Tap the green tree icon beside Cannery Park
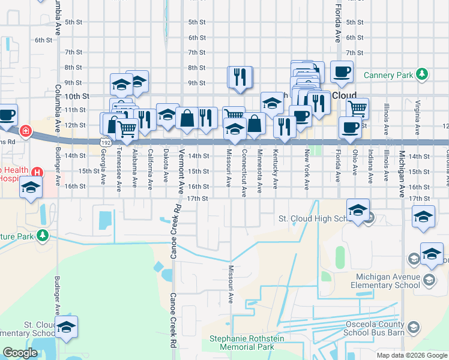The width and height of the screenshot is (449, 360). coord(423,74)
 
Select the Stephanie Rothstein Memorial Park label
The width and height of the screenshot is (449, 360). coord(242,343)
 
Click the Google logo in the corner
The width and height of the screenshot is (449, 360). coord(20,353)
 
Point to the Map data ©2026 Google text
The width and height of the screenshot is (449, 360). coord(411,355)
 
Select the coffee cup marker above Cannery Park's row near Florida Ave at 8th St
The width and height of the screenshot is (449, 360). coord(342,72)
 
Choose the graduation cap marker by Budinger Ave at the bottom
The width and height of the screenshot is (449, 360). coord(67,327)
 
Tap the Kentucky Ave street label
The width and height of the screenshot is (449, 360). coord(276,163)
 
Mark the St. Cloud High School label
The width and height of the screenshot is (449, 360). coord(312,218)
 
